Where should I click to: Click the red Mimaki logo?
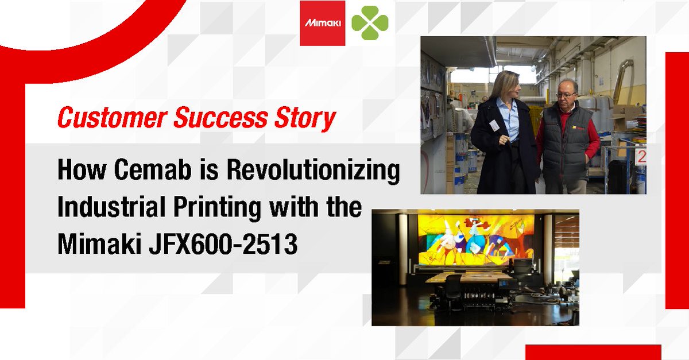pos(322,23)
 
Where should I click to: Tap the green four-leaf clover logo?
pos(370,23)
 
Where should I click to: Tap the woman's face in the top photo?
pos(511,87)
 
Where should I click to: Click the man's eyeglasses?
pos(566,94)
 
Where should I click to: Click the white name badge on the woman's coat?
pos(494,125)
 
